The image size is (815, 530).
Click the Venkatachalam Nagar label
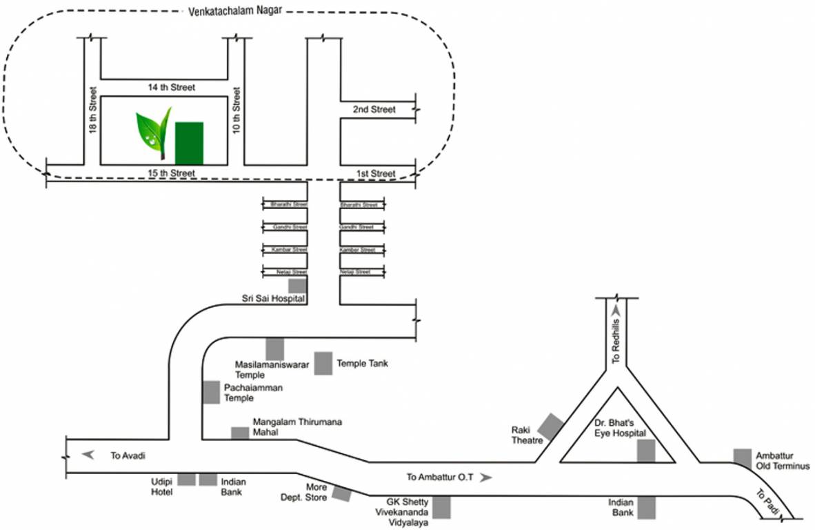click(234, 10)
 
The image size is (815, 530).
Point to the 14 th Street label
click(172, 88)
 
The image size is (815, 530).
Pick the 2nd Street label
click(374, 110)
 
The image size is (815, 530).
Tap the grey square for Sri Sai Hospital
click(297, 286)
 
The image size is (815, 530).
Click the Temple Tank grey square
click(323, 364)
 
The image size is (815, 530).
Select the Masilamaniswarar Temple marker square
click(275, 349)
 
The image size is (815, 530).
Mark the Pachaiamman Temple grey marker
click(211, 392)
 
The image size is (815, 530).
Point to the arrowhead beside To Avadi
click(88, 454)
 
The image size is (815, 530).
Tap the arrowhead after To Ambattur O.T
click(487, 477)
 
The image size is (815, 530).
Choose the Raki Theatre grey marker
click(550, 426)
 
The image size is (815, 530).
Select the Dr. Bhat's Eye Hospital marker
click(645, 450)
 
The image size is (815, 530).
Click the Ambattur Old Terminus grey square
click(742, 458)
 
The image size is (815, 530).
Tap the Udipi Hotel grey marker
click(186, 480)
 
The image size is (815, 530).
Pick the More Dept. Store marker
click(341, 493)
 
